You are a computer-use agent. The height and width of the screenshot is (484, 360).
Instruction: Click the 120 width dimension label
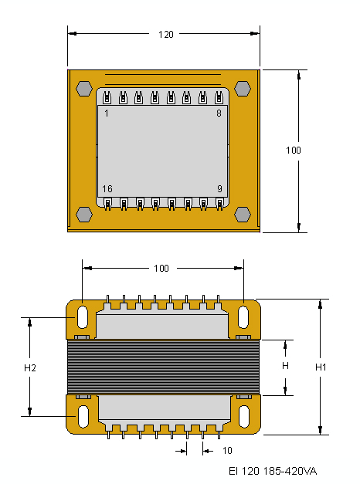[166, 34]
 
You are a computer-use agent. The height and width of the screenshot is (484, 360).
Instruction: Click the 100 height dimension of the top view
[294, 151]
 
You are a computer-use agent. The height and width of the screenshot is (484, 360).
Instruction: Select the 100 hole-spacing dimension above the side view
[161, 268]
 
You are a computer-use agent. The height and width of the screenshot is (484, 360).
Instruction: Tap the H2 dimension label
[30, 367]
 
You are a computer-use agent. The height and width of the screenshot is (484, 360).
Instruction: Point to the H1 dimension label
[321, 367]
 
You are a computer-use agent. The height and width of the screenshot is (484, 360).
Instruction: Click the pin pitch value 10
[227, 451]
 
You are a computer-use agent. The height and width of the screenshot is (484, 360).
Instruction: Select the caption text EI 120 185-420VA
[273, 471]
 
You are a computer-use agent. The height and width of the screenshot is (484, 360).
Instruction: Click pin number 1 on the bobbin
[107, 113]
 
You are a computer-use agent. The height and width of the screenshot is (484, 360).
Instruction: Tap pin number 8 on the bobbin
[219, 113]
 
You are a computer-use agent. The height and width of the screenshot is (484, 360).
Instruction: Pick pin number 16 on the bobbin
[107, 188]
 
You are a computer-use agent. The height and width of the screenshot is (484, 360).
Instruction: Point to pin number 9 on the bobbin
[219, 188]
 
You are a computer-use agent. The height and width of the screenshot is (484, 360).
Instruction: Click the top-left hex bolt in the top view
[84, 89]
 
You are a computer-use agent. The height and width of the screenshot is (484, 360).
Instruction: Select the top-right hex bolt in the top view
[243, 89]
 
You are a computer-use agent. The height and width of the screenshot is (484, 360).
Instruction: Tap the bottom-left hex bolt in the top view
[84, 215]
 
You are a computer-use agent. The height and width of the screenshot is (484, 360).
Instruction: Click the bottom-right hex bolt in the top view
[243, 215]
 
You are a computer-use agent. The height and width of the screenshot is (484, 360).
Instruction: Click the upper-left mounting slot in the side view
[83, 317]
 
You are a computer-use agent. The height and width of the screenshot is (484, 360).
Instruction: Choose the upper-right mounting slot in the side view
[243, 317]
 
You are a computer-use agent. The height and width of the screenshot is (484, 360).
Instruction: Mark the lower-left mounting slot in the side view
[83, 416]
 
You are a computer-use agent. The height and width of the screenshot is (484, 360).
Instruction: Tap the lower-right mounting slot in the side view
[244, 416]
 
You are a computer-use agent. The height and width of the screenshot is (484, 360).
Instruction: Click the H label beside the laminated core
[285, 366]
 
